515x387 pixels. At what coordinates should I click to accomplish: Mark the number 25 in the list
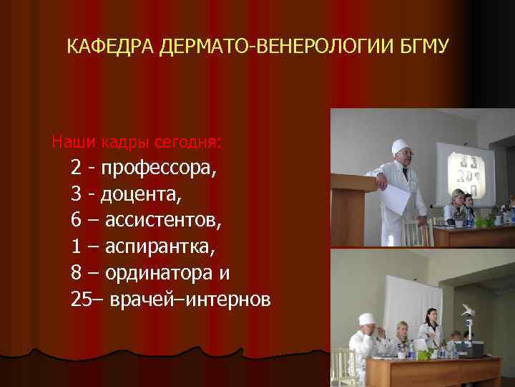[x=81, y=299]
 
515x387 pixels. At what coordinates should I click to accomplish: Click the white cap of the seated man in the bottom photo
[x=366, y=318]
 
